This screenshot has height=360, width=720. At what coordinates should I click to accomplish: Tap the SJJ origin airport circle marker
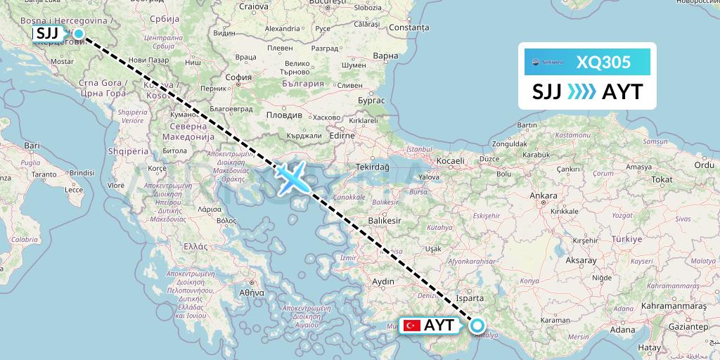tap(79, 33)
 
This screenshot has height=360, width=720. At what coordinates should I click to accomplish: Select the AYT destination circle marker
tap(477, 325)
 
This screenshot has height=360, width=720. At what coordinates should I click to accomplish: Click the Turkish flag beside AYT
tap(411, 326)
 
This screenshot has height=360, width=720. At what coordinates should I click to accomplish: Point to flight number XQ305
tap(603, 63)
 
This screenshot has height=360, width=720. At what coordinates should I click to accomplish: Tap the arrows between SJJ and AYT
tap(581, 92)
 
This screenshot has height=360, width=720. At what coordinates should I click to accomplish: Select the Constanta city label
tap(409, 27)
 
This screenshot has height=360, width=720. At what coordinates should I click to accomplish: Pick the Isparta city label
tap(470, 298)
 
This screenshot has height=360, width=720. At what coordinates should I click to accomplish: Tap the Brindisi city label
tap(82, 172)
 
